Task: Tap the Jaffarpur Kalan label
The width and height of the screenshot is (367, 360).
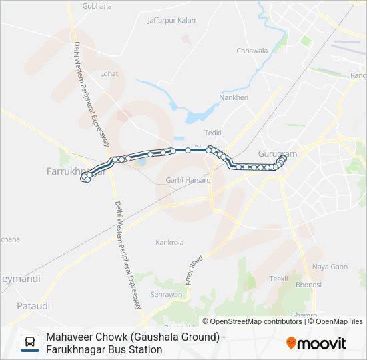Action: [x=171, y=20]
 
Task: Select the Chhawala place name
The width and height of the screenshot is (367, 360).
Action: [x=252, y=51]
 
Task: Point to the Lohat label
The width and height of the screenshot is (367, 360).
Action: [x=109, y=74]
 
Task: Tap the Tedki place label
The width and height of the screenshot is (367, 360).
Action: [x=212, y=133]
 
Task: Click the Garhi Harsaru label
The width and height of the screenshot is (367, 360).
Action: [x=188, y=180]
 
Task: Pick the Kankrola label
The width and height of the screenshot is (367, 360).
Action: [x=169, y=243]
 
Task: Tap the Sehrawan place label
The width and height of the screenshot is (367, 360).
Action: [x=166, y=294]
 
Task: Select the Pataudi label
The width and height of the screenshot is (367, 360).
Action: [x=33, y=306]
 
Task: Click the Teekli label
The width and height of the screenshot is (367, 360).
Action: [x=278, y=279]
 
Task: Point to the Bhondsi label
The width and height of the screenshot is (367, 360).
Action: [x=308, y=285]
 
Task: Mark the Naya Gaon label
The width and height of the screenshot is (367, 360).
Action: [x=330, y=267]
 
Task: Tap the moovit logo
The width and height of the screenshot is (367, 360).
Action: [x=316, y=343]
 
